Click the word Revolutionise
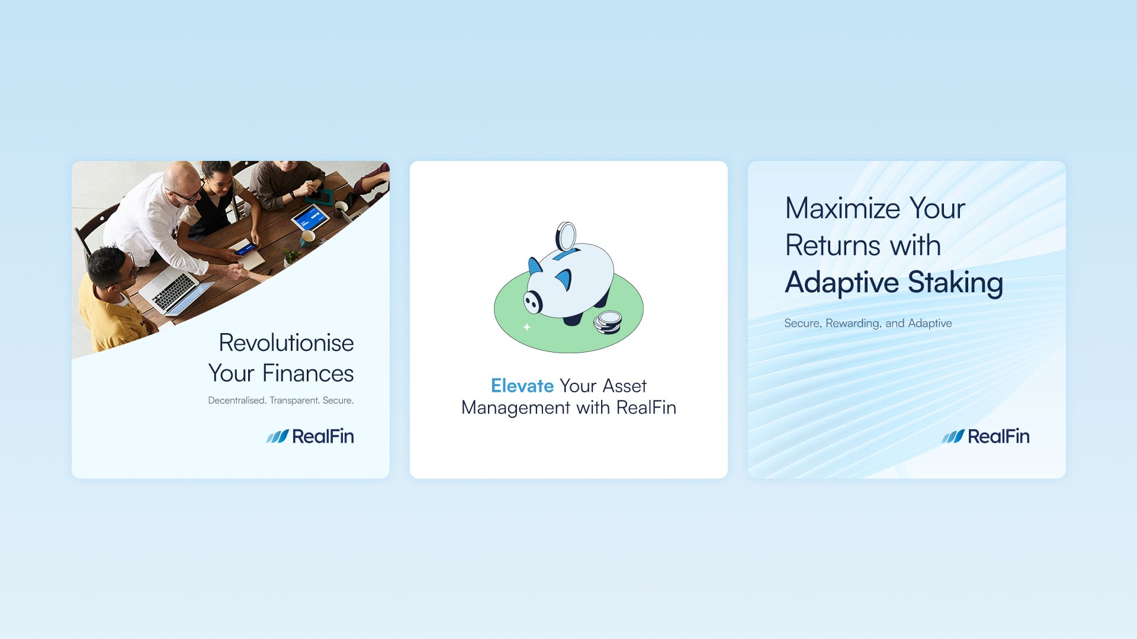[286, 343]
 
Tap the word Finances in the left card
[308, 373]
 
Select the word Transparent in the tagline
[294, 401]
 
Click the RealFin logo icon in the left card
[277, 437]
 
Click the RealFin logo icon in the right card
[953, 437]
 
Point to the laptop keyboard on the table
[174, 291]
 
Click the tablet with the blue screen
[310, 218]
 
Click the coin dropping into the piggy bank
[566, 237]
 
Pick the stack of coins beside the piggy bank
[608, 322]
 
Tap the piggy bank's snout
[533, 302]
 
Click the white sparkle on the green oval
[526, 327]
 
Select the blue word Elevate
[522, 386]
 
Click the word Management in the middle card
[516, 408]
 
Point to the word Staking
[955, 283]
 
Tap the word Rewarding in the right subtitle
[852, 324]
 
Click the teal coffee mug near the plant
[308, 238]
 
